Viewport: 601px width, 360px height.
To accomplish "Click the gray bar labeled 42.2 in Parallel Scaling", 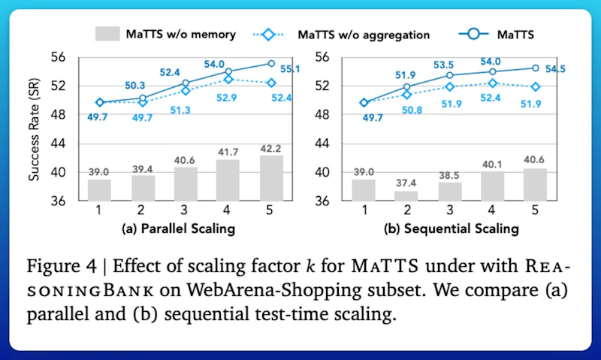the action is coord(272,178).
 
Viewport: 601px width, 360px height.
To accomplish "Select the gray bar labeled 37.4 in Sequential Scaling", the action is coord(406,195).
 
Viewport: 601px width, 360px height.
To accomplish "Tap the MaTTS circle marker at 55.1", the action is coord(271,63).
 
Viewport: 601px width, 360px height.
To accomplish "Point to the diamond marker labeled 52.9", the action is coord(228,80).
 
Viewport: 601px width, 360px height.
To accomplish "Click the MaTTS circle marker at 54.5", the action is coord(536,68).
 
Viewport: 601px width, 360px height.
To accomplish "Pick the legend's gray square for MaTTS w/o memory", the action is coord(107,34).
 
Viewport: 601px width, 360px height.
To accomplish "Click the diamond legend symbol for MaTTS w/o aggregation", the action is coord(268,35).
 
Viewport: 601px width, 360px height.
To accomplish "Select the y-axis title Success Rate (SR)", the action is coord(34,129).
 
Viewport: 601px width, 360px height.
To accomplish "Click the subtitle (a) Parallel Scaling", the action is coord(178,229).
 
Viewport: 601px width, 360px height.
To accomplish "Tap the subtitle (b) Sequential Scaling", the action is coord(452,229).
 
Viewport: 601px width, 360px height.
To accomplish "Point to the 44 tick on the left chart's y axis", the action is coord(58,144).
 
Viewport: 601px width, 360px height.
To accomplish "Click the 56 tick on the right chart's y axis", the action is coord(322,57).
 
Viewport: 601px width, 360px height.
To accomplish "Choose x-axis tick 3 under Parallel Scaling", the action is coord(184,210).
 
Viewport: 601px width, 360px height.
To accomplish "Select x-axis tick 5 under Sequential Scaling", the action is coord(535,210).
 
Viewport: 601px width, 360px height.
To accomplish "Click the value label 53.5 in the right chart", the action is coord(443,65).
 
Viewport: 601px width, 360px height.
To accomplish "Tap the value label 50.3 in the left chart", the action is coord(135,86).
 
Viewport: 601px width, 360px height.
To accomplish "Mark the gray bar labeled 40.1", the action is coord(492,186).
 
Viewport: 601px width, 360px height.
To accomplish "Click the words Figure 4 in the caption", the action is coord(62,266).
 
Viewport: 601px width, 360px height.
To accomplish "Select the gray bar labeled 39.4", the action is coord(143,188).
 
